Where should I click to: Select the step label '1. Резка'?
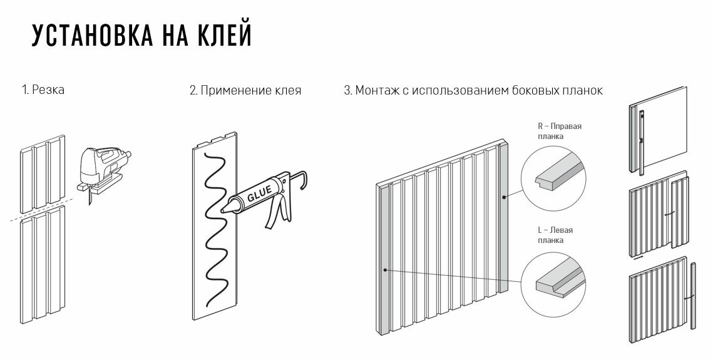tap(43, 90)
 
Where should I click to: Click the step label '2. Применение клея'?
tap(245, 91)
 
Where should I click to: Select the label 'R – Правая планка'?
tap(559, 131)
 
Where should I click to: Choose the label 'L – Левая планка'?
tap(555, 235)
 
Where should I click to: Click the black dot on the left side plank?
tap(385, 270)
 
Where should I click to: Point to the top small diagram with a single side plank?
tap(657, 130)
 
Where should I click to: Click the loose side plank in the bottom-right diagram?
tap(692, 297)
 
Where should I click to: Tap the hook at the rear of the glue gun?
tap(304, 180)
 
